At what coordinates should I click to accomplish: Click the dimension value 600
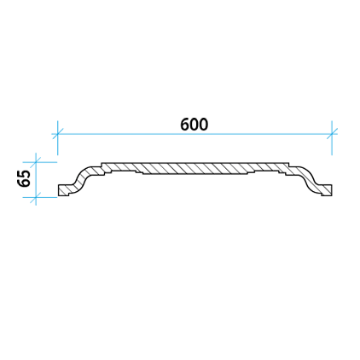194,125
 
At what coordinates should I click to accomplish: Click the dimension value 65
24,178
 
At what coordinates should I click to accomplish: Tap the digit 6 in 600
185,125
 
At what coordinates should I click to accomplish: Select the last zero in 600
204,125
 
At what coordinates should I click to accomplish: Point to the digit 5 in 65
24,174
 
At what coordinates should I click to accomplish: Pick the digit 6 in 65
24,183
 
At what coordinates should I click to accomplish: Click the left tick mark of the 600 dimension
58,134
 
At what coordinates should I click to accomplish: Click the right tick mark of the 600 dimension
332,134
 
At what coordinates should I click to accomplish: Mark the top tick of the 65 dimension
36,162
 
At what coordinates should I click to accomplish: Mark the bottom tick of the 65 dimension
36,197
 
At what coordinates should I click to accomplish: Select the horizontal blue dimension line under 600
195,134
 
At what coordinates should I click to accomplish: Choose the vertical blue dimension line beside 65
36,179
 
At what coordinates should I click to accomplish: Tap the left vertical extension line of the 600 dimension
58,138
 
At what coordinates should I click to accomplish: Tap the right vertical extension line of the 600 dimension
332,138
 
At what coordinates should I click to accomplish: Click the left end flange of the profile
64,189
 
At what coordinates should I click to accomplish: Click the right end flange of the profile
325,189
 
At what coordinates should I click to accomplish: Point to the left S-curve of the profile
84,179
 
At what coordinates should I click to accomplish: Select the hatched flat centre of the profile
195,168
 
